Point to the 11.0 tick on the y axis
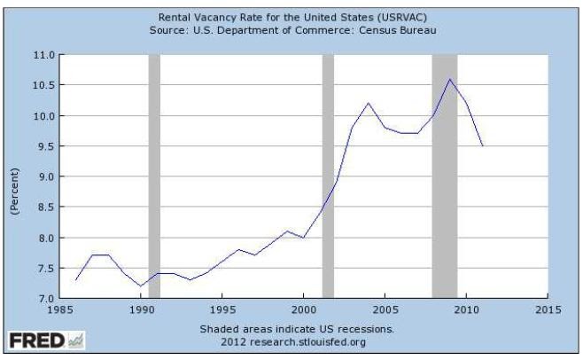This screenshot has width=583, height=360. [43, 55]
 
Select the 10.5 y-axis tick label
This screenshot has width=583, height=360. [43, 85]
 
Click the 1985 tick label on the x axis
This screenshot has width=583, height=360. [60, 310]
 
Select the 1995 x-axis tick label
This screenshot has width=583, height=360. [222, 310]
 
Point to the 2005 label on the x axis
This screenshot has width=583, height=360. [385, 310]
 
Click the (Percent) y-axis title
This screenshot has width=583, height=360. [14, 188]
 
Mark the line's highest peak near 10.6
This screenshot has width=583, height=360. [450, 79]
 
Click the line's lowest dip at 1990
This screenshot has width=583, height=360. [142, 286]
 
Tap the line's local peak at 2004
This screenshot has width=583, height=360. [369, 104]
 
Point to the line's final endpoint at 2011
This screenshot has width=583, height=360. [483, 146]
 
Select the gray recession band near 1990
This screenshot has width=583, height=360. [154, 177]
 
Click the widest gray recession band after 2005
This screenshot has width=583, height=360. [444, 177]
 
